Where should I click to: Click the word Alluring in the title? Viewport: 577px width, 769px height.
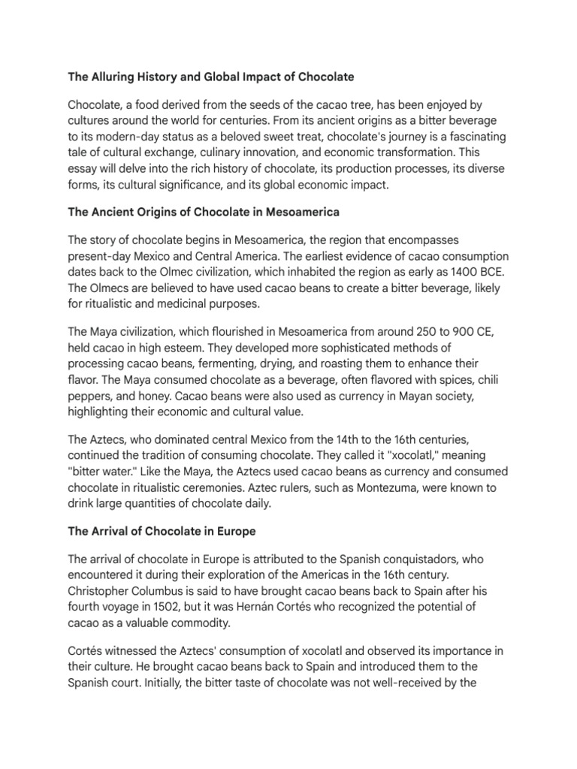click(112, 77)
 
